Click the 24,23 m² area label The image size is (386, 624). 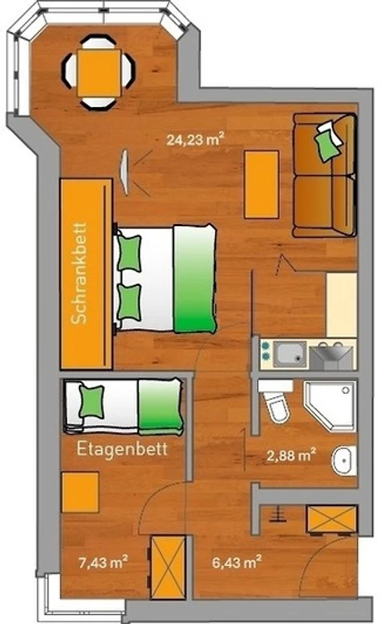(195, 140)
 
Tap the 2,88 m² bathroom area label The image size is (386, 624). (291, 456)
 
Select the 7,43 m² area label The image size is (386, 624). (103, 562)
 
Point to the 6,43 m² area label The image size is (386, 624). (237, 562)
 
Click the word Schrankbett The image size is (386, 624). (80, 273)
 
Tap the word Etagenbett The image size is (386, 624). (122, 449)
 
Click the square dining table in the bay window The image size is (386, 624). (99, 73)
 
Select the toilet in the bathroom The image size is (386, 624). (275, 401)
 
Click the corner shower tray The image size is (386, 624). (330, 406)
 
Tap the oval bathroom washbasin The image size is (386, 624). (344, 460)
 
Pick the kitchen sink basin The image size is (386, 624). (290, 354)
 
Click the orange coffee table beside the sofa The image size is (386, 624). (262, 185)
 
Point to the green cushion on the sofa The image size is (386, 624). (327, 145)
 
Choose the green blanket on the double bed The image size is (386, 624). (195, 278)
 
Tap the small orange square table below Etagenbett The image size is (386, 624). (80, 492)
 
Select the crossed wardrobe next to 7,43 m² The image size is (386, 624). (168, 567)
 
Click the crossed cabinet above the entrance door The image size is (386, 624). (331, 519)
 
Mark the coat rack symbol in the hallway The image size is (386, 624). (277, 514)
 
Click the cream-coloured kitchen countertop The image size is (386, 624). (341, 305)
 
